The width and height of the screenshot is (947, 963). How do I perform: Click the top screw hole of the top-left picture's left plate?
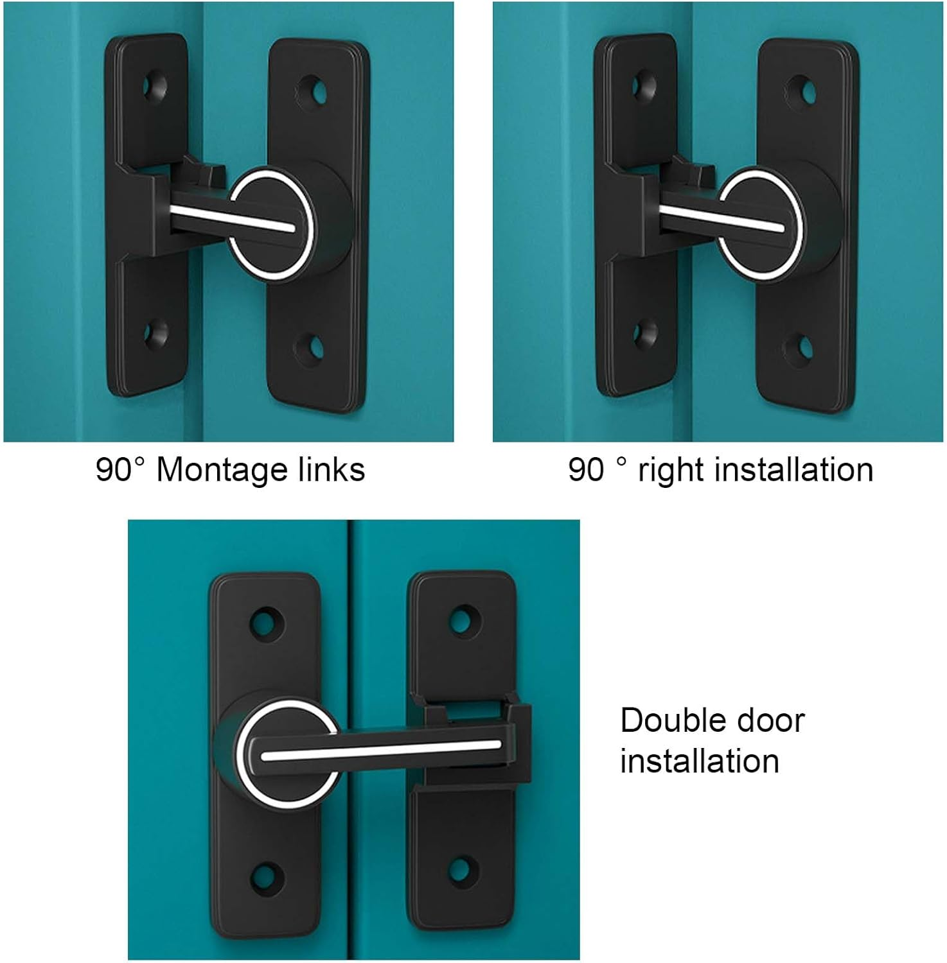154,87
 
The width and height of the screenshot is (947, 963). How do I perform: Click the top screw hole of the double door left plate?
265,621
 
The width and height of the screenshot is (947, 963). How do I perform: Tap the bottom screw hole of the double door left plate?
265,875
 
